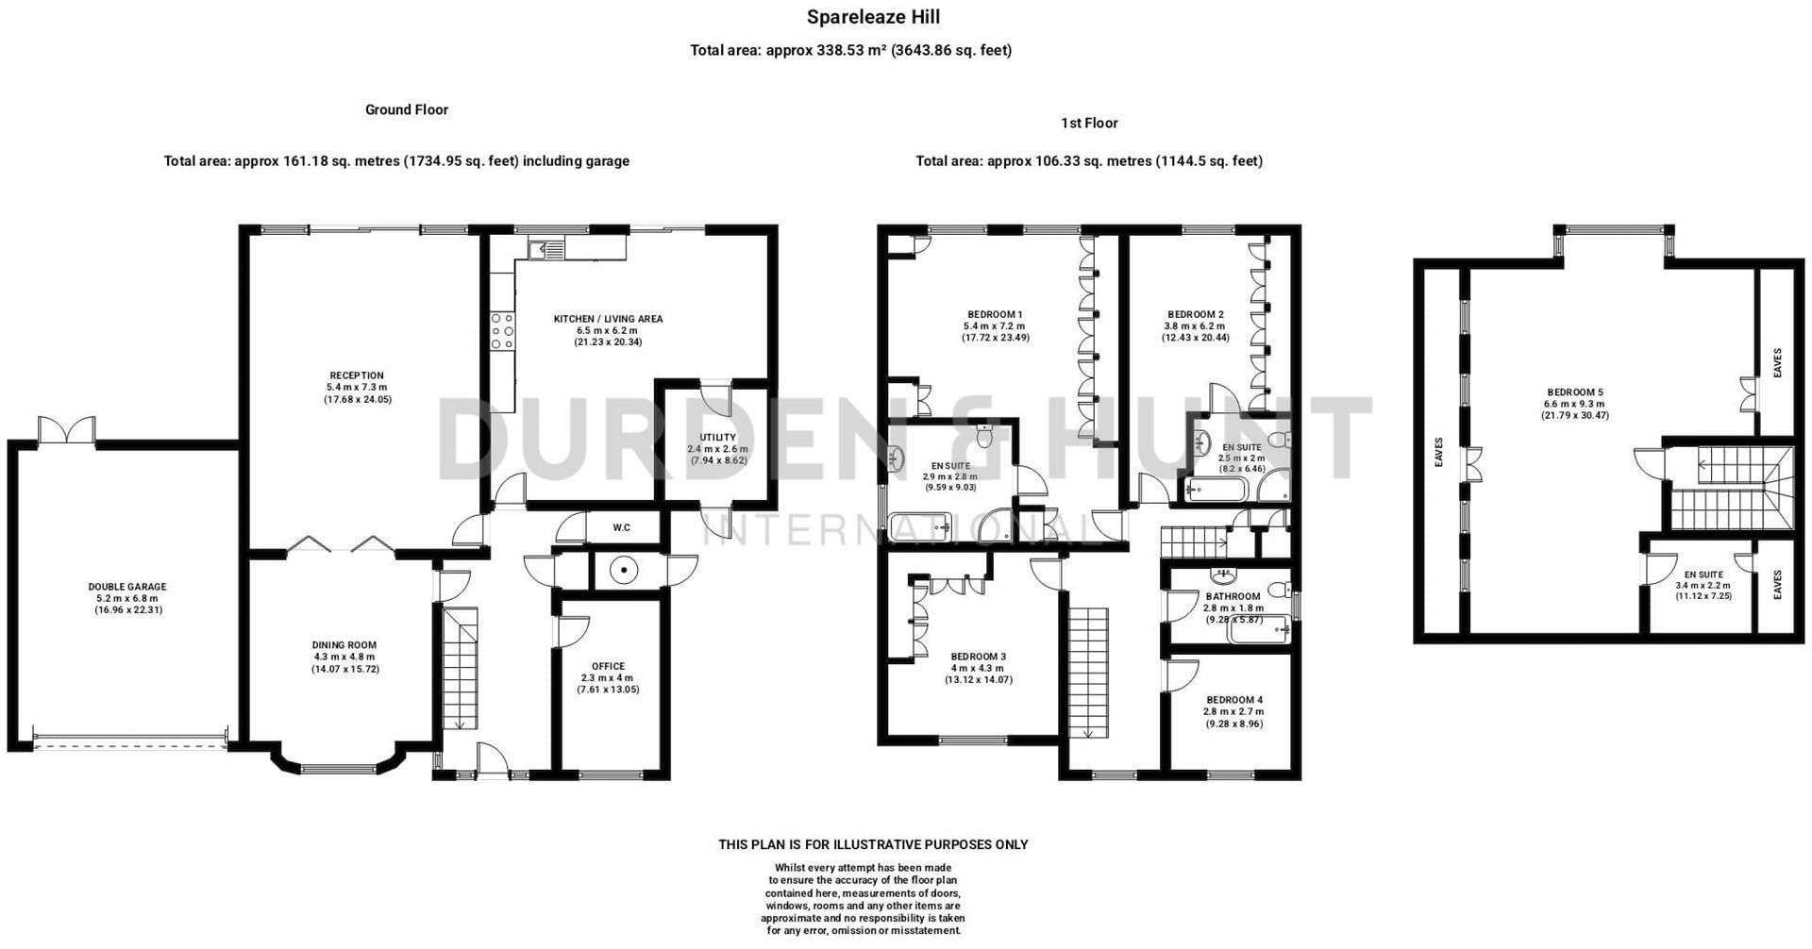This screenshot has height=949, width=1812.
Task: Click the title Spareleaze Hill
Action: point(873,17)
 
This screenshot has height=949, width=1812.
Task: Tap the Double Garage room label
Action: point(127,587)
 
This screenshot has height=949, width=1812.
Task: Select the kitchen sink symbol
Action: point(546,249)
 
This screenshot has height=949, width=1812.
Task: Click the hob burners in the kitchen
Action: point(502,331)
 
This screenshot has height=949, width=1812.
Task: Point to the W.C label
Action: point(621,527)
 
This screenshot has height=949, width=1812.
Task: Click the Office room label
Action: point(608,666)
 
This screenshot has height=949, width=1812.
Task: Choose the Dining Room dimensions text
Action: point(344,663)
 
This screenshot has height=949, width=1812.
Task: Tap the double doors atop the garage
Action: point(66,430)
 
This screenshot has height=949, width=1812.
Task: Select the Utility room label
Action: point(717,438)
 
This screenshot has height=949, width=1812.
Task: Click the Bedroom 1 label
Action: point(995,314)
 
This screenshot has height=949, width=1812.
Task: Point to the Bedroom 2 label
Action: point(1195,314)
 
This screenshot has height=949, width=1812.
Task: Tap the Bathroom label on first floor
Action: point(1233,596)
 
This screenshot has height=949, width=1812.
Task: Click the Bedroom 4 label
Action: point(1233,700)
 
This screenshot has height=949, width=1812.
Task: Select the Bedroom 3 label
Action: point(978,657)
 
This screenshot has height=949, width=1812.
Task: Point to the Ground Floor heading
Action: point(407,109)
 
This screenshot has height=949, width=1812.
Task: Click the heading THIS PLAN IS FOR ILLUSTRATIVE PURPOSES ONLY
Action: point(873,844)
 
